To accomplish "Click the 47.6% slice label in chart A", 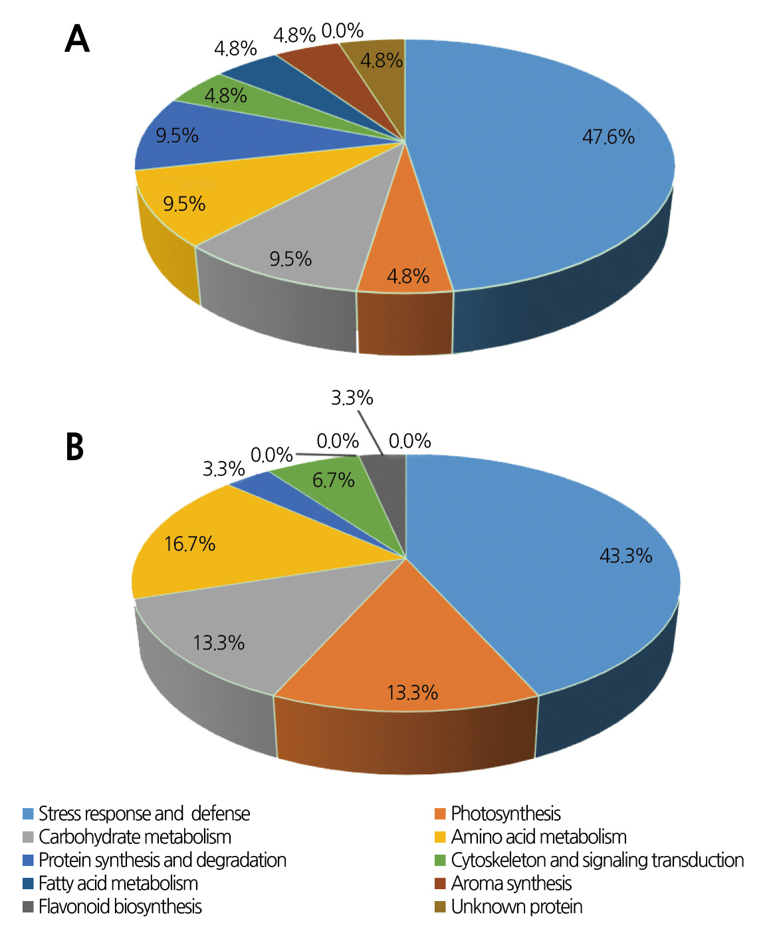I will [608, 137].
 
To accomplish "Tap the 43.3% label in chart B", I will [625, 555].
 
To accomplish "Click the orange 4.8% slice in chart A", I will [407, 266].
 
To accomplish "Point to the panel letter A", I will [77, 39].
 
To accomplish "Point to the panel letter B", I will [75, 447].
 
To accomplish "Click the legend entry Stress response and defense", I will [144, 813].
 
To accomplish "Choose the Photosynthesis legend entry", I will [505, 813].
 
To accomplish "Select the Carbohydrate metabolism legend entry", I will [134, 837].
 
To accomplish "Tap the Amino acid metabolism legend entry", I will [538, 837].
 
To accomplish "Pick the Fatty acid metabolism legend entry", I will [118, 883].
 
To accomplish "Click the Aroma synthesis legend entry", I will [511, 883].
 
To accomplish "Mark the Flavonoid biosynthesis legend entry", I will [120, 906].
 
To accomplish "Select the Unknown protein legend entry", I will [516, 906].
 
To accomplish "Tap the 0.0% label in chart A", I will [342, 31].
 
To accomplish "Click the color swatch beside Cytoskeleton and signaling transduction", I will [439, 861].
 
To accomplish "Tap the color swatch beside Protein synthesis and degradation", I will [28, 861].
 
